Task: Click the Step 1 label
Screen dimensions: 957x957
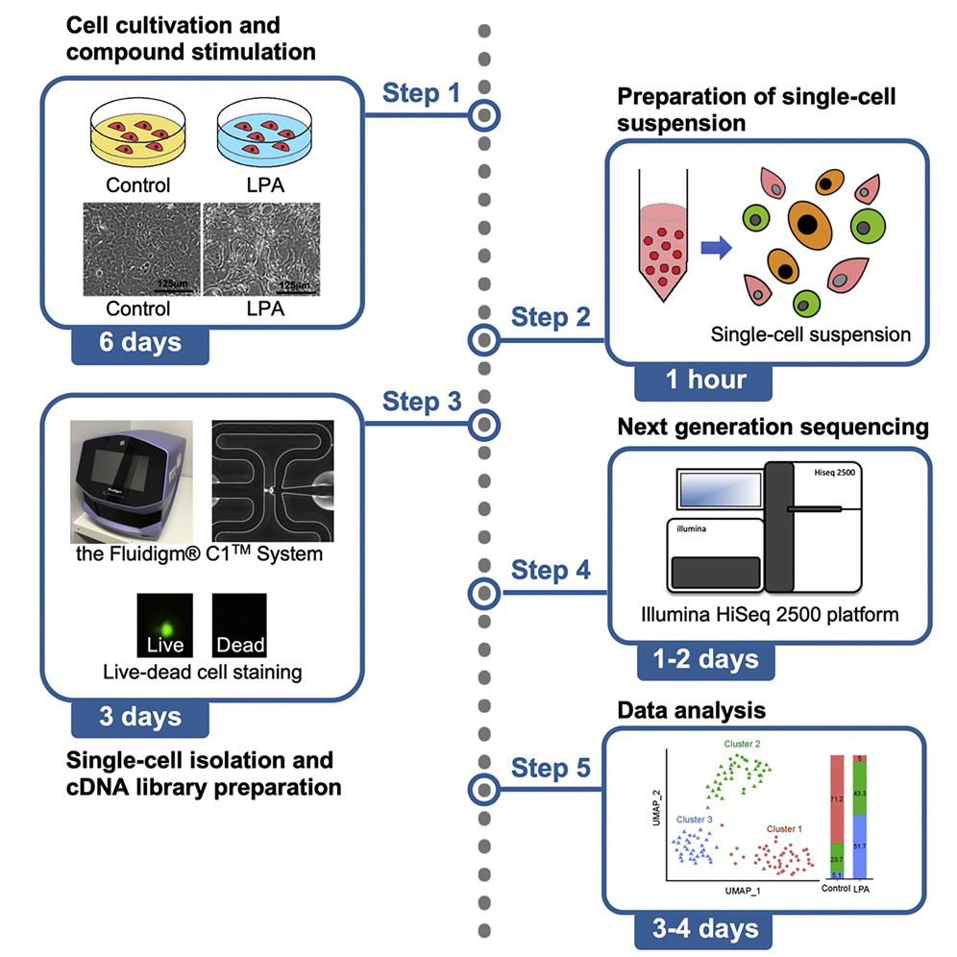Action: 421,93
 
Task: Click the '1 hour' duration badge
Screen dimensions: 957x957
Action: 706,379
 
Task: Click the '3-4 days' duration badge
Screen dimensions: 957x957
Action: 704,928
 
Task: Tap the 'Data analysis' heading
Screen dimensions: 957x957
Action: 691,711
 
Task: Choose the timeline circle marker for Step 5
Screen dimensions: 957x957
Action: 483,789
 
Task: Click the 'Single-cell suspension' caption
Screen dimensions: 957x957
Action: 810,334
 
